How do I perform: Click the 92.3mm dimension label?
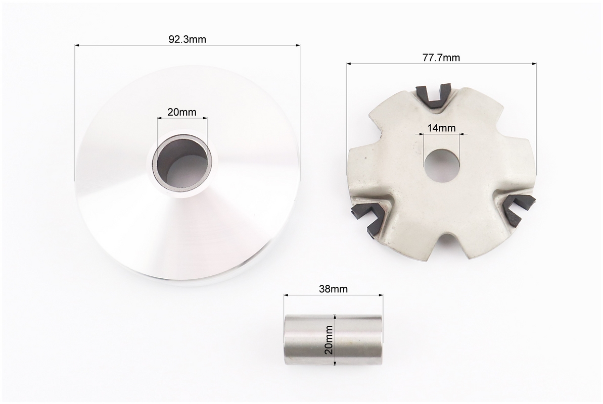tap(188, 39)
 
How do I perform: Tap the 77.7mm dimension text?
tap(441, 58)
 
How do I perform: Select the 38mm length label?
tap(333, 289)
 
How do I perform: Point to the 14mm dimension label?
tap(441, 128)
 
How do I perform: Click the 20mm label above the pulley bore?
tap(181, 112)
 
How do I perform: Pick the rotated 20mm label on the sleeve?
tap(329, 340)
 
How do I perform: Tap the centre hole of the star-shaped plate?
tap(441, 166)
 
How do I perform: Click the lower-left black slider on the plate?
tap(368, 218)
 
